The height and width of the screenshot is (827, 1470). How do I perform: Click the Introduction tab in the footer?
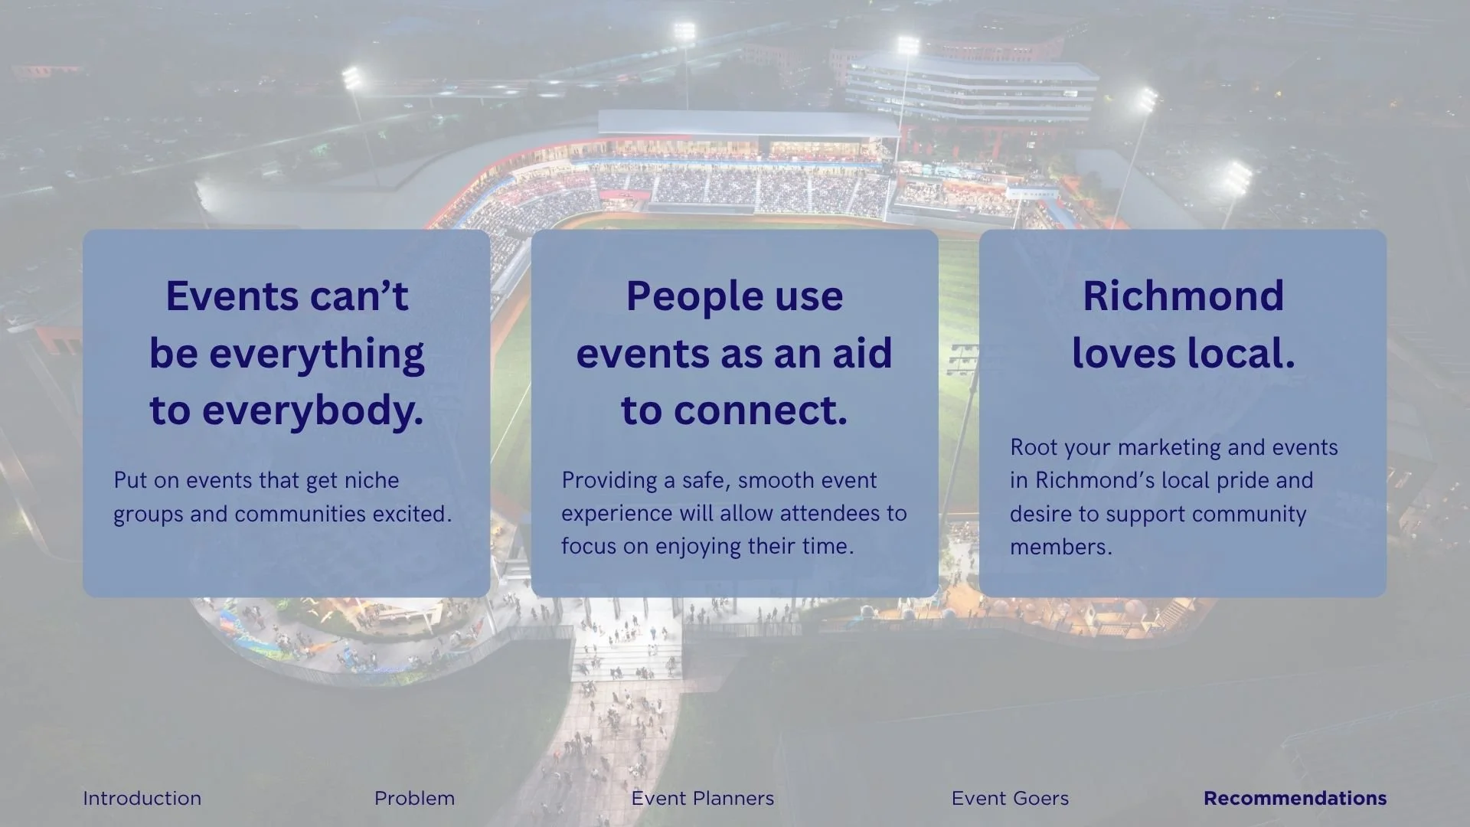tap(142, 798)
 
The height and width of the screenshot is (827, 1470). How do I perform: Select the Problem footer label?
tap(414, 798)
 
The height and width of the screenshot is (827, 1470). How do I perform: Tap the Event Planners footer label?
tap(702, 798)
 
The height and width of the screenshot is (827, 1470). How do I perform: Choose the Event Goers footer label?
tap(1010, 798)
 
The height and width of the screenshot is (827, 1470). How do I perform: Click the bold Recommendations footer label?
tap(1295, 798)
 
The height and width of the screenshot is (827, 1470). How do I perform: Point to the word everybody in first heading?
tap(312, 410)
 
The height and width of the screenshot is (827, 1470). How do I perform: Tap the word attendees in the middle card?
tap(831, 513)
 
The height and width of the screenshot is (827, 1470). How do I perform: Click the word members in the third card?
tap(1060, 547)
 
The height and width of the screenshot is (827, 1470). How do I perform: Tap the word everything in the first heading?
tap(316, 355)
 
